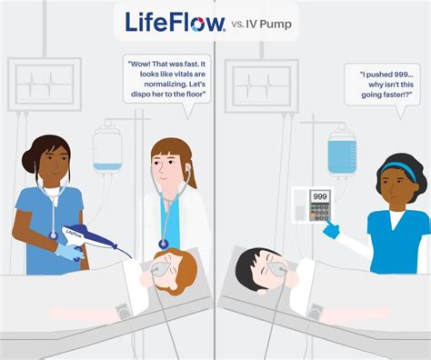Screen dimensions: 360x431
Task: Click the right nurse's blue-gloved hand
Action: [330, 231]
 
